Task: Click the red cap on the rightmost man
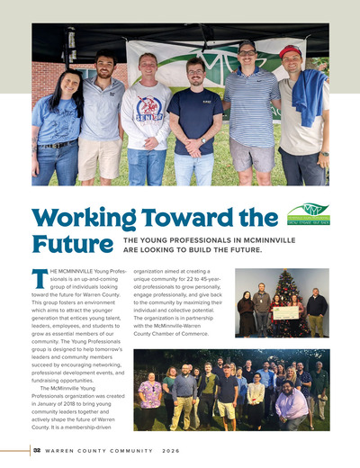[291, 51]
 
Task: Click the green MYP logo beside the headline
[308, 213]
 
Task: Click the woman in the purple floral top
[150, 392]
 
